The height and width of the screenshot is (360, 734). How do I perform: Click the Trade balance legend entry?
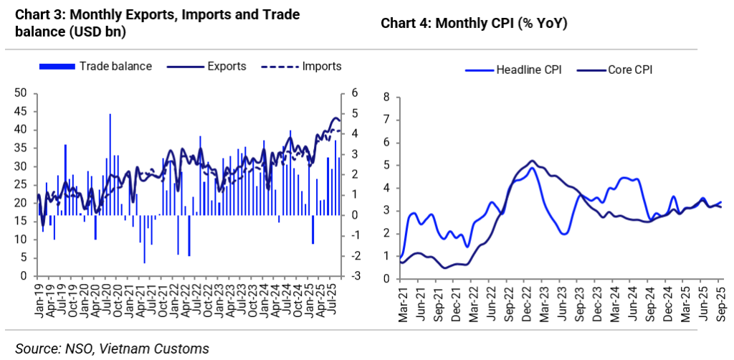pyautogui.click(x=115, y=67)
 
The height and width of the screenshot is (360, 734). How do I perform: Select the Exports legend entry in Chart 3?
pyautogui.click(x=227, y=67)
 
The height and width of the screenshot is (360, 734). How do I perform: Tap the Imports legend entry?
pyautogui.click(x=321, y=67)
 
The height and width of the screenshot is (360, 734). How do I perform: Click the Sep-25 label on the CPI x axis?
pyautogui.click(x=721, y=302)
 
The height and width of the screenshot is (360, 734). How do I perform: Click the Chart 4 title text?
pyautogui.click(x=474, y=23)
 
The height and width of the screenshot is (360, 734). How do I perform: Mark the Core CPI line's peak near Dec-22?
pyautogui.click(x=532, y=161)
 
